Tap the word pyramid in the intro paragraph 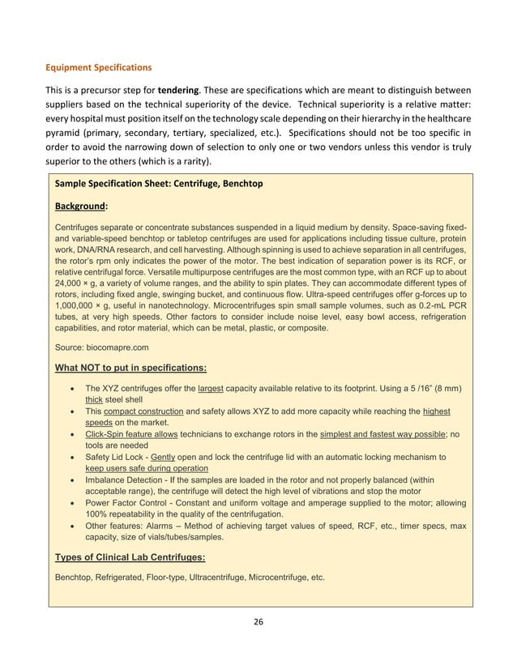[72, 132]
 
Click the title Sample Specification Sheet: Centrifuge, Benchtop [158, 184]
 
